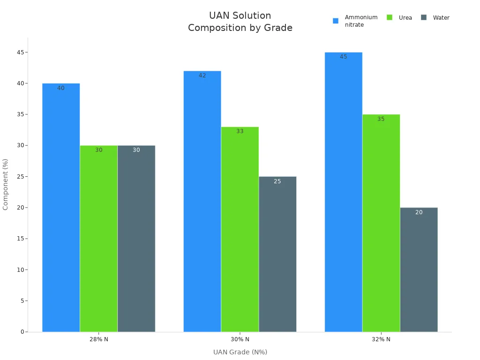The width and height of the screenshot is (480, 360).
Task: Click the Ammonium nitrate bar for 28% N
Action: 61,208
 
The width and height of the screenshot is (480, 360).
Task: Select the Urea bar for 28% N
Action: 98,239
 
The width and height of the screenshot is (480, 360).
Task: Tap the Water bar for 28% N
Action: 136,239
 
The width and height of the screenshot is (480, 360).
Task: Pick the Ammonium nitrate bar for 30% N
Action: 202,202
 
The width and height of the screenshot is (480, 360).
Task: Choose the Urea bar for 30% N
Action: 240,229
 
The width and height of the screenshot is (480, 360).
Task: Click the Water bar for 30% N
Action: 277,254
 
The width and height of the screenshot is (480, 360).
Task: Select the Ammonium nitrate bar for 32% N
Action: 343,192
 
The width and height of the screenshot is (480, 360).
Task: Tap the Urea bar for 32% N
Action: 381,223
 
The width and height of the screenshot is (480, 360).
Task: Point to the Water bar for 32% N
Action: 419,270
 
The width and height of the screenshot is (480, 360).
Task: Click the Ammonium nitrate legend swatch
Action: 336,21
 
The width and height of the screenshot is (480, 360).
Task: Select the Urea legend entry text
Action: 405,18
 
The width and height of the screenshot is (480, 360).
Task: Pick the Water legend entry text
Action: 441,18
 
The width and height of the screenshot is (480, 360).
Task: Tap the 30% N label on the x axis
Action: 240,339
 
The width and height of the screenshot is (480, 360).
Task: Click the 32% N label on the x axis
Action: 381,339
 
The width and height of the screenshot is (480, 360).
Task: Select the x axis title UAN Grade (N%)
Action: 240,352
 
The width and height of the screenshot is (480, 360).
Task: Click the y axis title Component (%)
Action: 6,184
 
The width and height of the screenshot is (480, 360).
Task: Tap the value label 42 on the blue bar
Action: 202,75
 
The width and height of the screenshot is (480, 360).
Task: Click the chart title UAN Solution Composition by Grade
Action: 240,22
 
